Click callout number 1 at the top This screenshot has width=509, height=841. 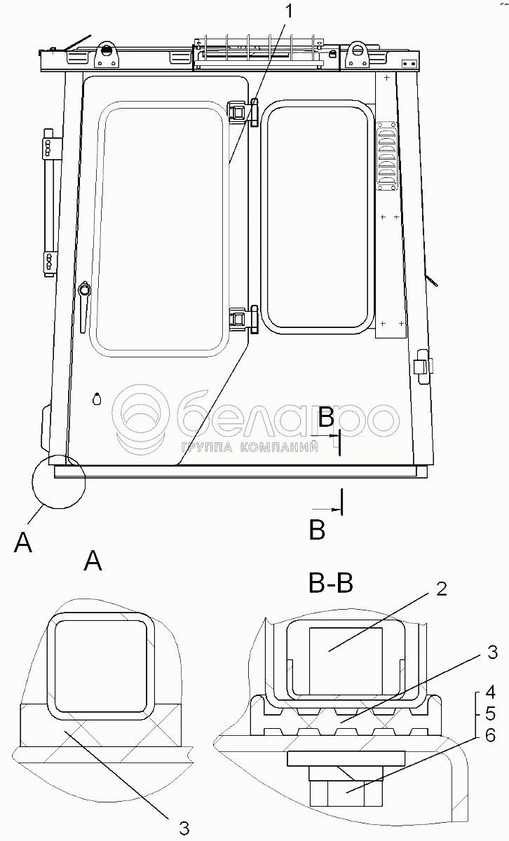point(288,12)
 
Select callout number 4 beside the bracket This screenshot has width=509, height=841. point(491,690)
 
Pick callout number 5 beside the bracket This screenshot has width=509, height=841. point(491,713)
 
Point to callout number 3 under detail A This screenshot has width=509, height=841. point(184,827)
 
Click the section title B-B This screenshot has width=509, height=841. point(330,583)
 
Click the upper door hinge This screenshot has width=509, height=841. point(243,111)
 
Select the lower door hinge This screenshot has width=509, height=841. point(243,319)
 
